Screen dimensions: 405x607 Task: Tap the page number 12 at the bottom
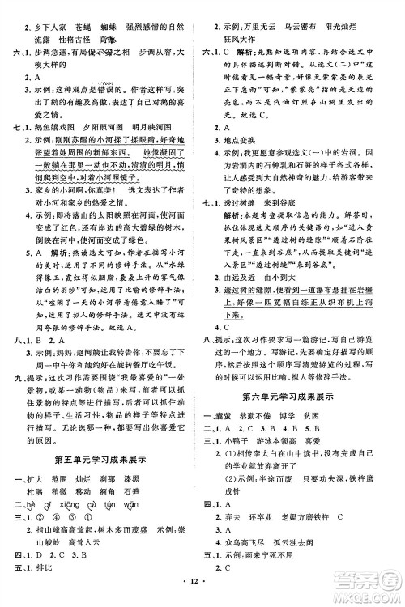tap(202, 595)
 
